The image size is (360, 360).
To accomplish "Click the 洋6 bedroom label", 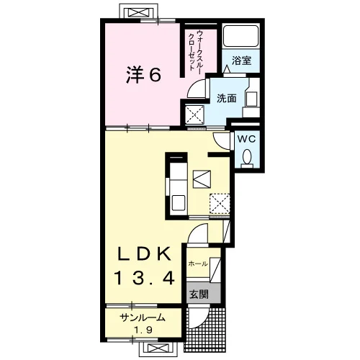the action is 143,75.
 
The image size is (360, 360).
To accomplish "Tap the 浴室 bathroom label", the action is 241,60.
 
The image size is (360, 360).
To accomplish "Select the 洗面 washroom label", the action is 227,99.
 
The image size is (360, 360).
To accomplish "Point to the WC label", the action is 247,139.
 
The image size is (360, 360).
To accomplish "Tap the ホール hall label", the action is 198,264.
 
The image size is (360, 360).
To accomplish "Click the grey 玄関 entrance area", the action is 204,292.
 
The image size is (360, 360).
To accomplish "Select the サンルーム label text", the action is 143,318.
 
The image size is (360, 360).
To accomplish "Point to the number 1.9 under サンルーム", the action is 143,330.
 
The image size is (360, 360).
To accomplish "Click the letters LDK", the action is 144,254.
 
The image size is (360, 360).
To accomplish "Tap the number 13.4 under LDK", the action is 145,278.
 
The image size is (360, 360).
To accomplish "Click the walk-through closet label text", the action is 195,50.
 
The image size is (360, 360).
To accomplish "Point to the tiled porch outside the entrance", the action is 205,330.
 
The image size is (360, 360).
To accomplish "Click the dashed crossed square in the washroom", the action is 195,114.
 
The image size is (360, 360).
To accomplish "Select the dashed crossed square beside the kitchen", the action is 220,204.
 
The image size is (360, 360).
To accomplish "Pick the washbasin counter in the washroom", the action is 251,98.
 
